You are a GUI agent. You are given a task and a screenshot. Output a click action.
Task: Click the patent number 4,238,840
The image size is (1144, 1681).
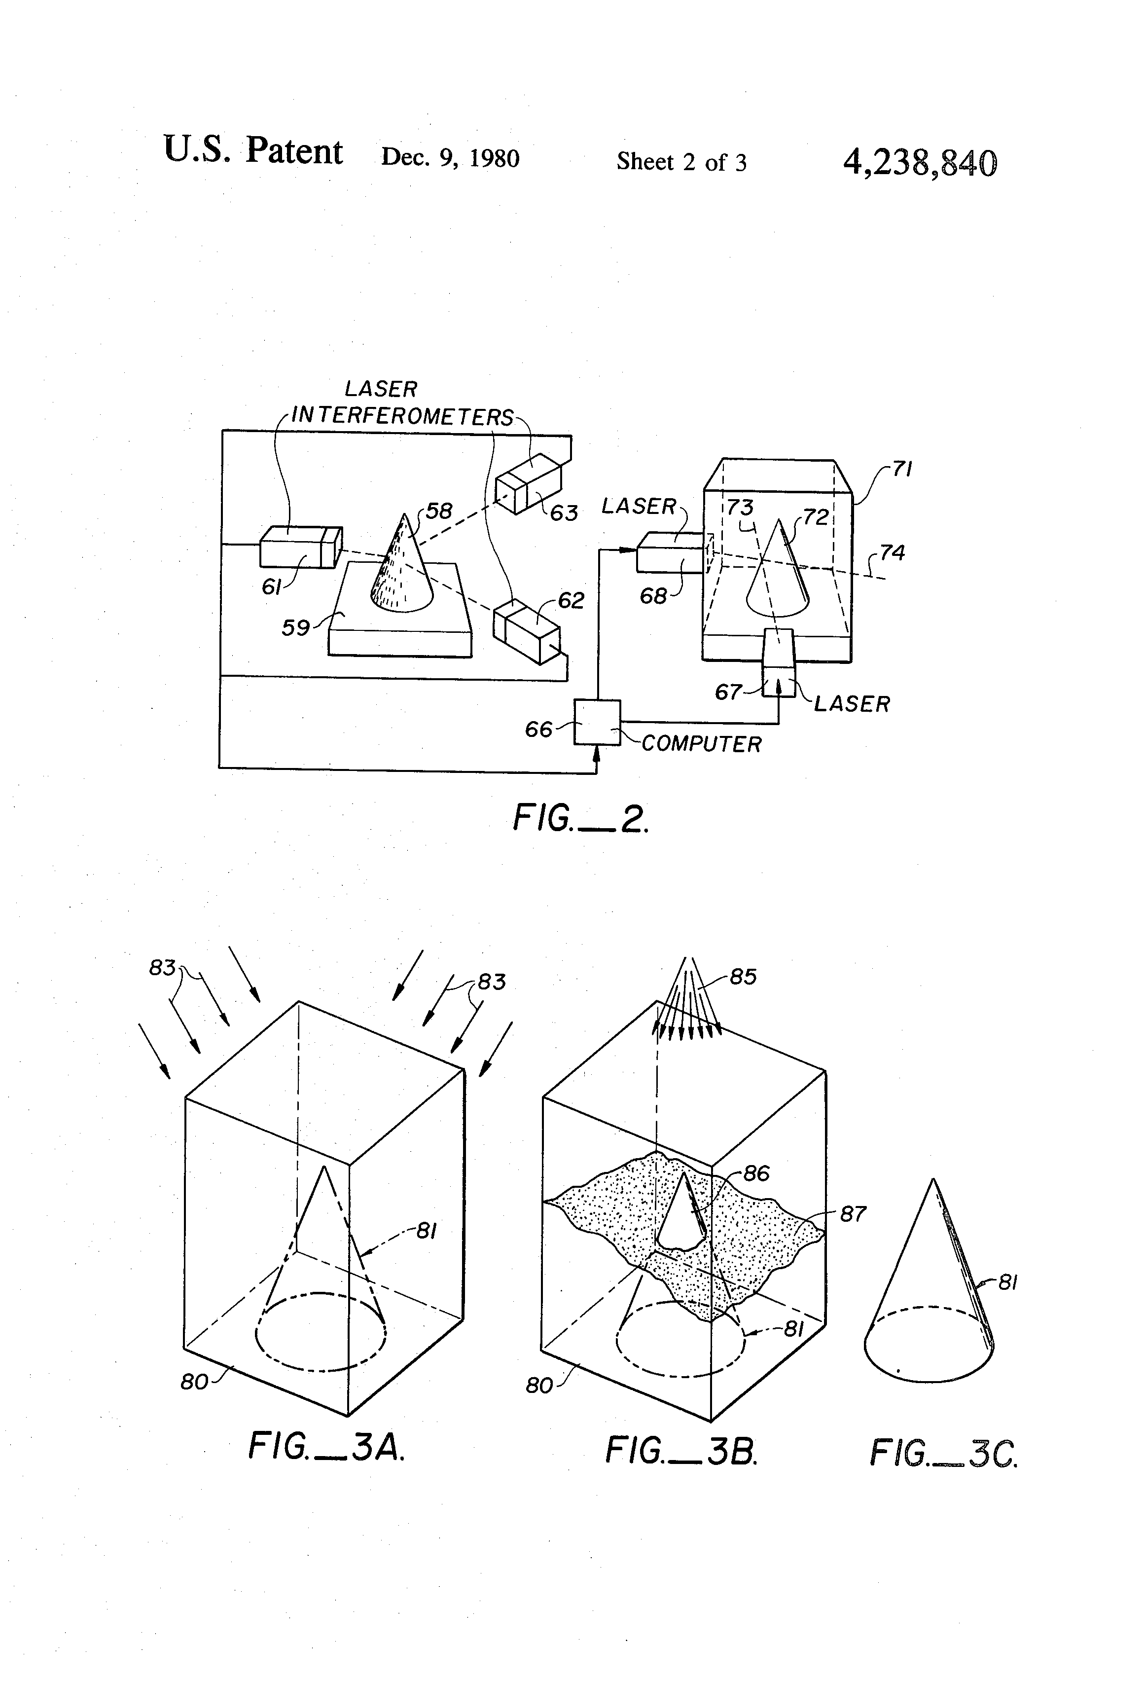click(920, 163)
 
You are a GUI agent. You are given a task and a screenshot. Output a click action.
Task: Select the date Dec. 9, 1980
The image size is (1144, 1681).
click(450, 158)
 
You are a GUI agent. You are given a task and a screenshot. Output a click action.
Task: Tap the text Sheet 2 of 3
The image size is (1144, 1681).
click(681, 161)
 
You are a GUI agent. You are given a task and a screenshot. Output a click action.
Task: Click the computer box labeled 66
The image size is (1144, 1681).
click(597, 722)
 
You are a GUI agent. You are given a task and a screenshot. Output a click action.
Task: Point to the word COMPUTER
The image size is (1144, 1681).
click(702, 744)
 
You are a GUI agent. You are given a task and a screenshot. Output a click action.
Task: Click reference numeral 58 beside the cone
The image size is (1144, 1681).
click(438, 512)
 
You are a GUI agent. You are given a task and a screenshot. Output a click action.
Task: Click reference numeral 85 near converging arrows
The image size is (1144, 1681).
click(743, 977)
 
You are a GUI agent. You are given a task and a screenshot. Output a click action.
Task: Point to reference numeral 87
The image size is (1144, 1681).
click(853, 1214)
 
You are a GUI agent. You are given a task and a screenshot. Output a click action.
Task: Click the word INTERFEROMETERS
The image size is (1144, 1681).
click(402, 417)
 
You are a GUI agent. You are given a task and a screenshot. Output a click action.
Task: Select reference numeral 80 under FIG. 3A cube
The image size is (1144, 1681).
click(194, 1382)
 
